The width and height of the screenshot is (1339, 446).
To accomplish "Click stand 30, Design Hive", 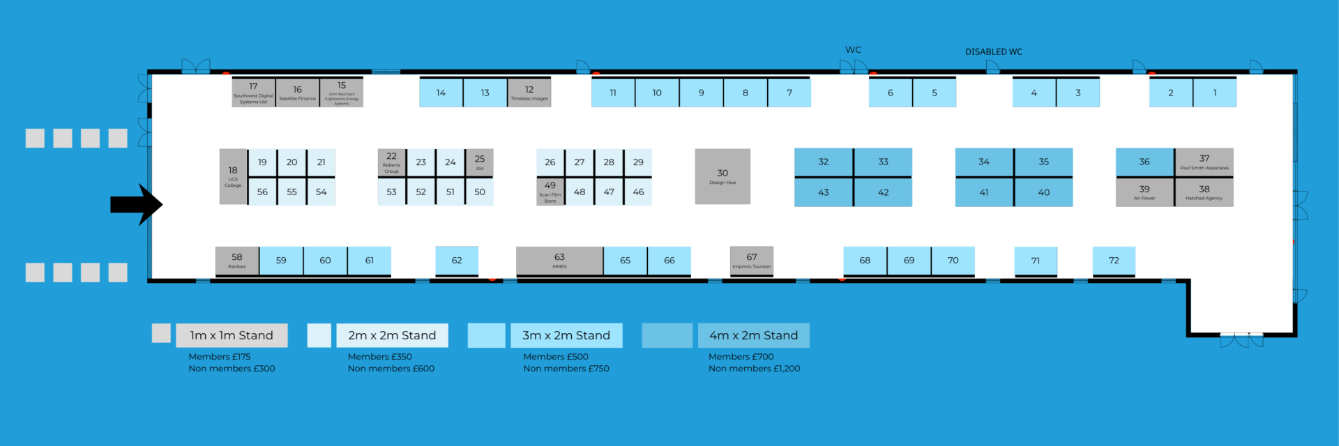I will click(x=723, y=176).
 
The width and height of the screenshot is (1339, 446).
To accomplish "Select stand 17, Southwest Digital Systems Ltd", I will click(x=253, y=93).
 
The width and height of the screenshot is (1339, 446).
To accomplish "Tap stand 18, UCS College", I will click(x=233, y=176).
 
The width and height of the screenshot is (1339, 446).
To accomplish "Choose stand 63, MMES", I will click(x=559, y=261).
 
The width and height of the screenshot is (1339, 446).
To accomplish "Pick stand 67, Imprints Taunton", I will click(x=751, y=261).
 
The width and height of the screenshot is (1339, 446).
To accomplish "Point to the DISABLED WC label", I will click(x=993, y=52).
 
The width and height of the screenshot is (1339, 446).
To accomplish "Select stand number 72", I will click(x=1114, y=261).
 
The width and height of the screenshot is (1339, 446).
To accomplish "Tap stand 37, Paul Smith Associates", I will click(x=1204, y=162).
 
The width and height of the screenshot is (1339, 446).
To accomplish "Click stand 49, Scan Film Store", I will click(x=550, y=192).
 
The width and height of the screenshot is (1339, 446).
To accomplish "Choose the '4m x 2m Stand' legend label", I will click(x=753, y=335).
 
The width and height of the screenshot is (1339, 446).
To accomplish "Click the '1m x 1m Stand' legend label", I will click(x=232, y=335).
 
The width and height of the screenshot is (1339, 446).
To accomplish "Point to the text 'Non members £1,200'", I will click(x=754, y=369).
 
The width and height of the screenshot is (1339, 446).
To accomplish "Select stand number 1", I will click(x=1215, y=93).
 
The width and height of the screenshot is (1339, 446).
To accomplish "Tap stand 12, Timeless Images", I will click(x=529, y=93).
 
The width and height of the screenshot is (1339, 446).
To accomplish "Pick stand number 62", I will click(x=457, y=261).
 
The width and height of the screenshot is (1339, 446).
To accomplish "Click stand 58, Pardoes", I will click(x=237, y=261).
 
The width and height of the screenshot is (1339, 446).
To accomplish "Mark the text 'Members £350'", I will click(x=379, y=357).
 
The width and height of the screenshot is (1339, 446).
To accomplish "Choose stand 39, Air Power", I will click(x=1144, y=192).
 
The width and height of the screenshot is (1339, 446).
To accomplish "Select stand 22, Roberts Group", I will click(x=391, y=162).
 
